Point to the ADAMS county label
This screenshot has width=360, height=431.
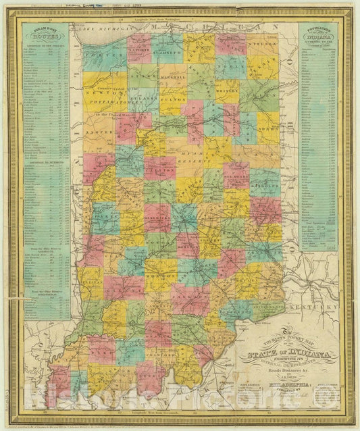click(268, 126)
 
